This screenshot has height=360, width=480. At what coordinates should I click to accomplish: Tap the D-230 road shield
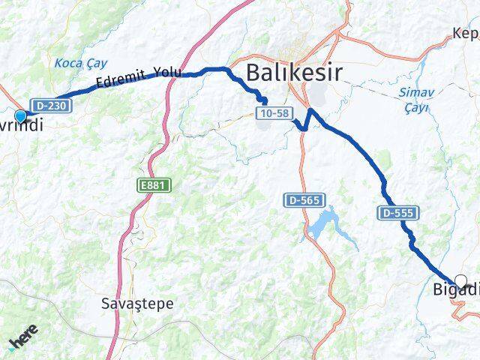(43, 105)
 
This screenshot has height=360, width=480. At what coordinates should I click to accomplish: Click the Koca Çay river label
(81, 64)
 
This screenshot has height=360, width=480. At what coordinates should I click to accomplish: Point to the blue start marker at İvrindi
(20, 116)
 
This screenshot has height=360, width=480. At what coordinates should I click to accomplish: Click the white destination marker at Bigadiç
(460, 281)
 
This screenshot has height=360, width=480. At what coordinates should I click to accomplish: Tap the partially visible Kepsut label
(465, 34)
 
